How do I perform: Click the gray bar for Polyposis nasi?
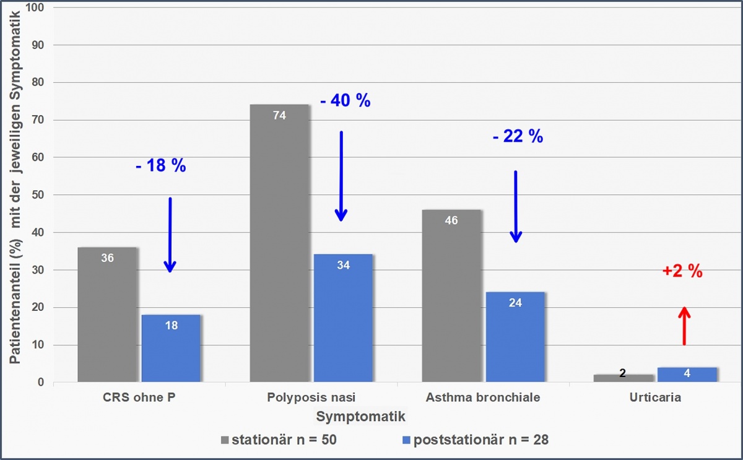point(279,248)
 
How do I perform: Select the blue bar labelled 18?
point(171,350)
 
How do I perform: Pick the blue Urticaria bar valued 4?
point(687,375)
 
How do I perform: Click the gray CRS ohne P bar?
point(107,316)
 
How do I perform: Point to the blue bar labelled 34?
point(343,319)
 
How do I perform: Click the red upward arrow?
point(684,326)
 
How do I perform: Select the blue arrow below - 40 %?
point(341,176)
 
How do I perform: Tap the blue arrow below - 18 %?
point(170,235)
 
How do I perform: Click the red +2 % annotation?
point(683,271)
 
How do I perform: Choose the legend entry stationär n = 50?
point(279,440)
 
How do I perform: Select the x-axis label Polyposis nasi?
point(311,398)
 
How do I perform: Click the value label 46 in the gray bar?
point(451,220)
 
